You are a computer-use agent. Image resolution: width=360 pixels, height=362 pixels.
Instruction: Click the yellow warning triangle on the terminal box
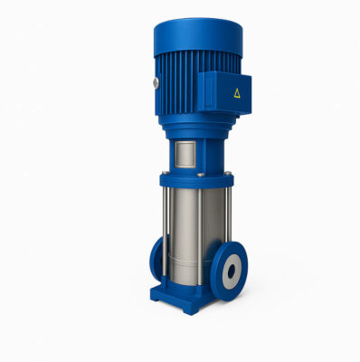[236, 92]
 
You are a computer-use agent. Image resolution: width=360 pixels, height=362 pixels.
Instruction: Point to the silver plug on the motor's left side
[156, 84]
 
